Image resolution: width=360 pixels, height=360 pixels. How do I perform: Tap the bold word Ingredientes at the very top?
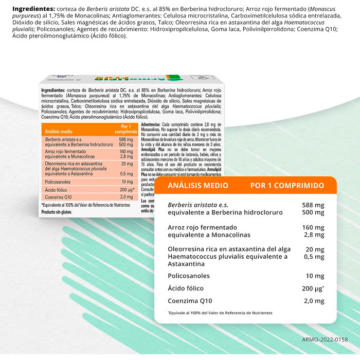(34, 9)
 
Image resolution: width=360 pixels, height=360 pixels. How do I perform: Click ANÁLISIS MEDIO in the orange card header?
(198, 185)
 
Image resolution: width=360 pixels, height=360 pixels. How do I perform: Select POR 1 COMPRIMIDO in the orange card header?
(287, 185)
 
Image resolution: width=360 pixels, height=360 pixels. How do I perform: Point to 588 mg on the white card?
(314, 205)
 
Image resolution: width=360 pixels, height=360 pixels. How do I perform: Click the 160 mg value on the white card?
(314, 227)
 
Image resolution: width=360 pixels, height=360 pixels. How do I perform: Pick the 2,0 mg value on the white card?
(314, 301)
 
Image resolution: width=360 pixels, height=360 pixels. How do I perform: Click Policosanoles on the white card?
(189, 276)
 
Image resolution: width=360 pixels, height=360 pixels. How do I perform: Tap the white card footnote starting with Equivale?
(220, 313)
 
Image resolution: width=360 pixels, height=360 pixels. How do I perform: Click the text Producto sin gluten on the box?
(57, 211)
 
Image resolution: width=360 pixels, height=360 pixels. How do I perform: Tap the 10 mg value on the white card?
(315, 276)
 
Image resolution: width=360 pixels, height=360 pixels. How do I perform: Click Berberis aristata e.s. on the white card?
(198, 205)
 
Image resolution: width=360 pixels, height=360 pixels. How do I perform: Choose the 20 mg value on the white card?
(315, 249)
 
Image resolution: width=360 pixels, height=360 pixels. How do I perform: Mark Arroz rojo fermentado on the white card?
(202, 227)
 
